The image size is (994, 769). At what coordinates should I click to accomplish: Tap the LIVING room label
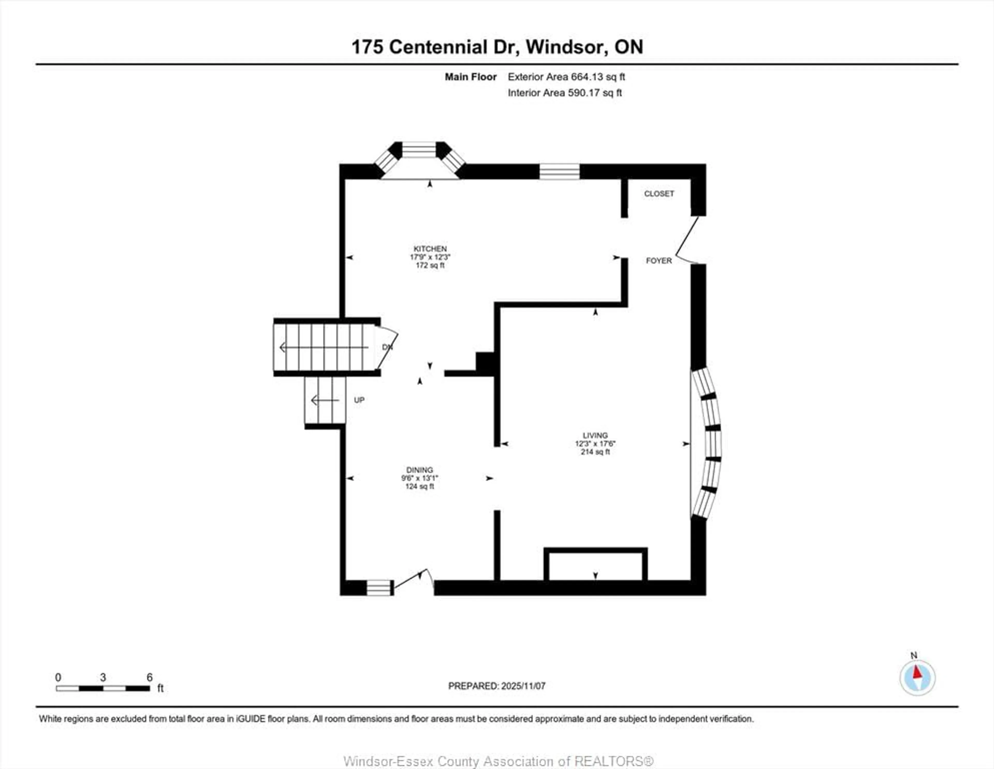coord(595,435)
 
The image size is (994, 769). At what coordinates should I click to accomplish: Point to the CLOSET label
coord(659,194)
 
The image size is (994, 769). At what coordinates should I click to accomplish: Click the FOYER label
coord(659,261)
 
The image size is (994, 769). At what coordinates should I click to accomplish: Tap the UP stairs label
coord(359,400)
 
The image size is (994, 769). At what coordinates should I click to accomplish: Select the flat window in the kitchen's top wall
coord(559,172)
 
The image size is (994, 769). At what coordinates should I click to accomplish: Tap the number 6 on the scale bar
coord(149,678)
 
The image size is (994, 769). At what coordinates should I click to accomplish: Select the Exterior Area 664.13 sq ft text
coord(566,77)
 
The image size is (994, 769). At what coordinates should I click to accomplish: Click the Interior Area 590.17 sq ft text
coord(564,93)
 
